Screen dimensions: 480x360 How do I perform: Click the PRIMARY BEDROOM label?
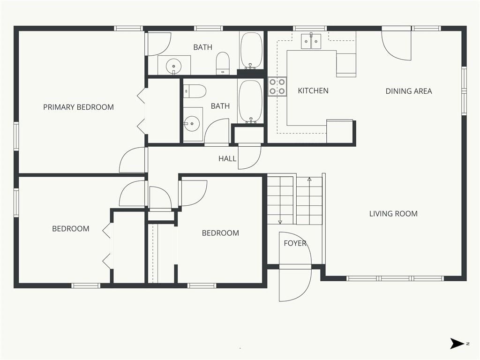pyautogui.click(x=78, y=107)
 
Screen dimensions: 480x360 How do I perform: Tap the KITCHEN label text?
pyautogui.click(x=313, y=90)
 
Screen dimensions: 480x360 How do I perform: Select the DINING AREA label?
pyautogui.click(x=409, y=91)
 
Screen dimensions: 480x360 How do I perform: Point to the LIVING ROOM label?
pyautogui.click(x=393, y=214)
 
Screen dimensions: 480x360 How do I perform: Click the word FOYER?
pyautogui.click(x=295, y=243)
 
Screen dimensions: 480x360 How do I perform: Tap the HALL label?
pyautogui.click(x=227, y=158)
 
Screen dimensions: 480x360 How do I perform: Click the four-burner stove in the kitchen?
pyautogui.click(x=277, y=87)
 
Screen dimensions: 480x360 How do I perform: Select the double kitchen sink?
pyautogui.click(x=311, y=41)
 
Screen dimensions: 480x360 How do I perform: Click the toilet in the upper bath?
pyautogui.click(x=223, y=63)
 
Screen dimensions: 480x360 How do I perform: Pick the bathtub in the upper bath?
pyautogui.click(x=251, y=51)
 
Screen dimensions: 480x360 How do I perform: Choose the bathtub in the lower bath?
pyautogui.click(x=251, y=102)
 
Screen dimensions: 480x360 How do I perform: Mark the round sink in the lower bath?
pyautogui.click(x=192, y=124)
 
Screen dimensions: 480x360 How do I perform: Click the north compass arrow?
pyautogui.click(x=457, y=344)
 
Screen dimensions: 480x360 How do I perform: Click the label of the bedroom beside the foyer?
pyautogui.click(x=220, y=233)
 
